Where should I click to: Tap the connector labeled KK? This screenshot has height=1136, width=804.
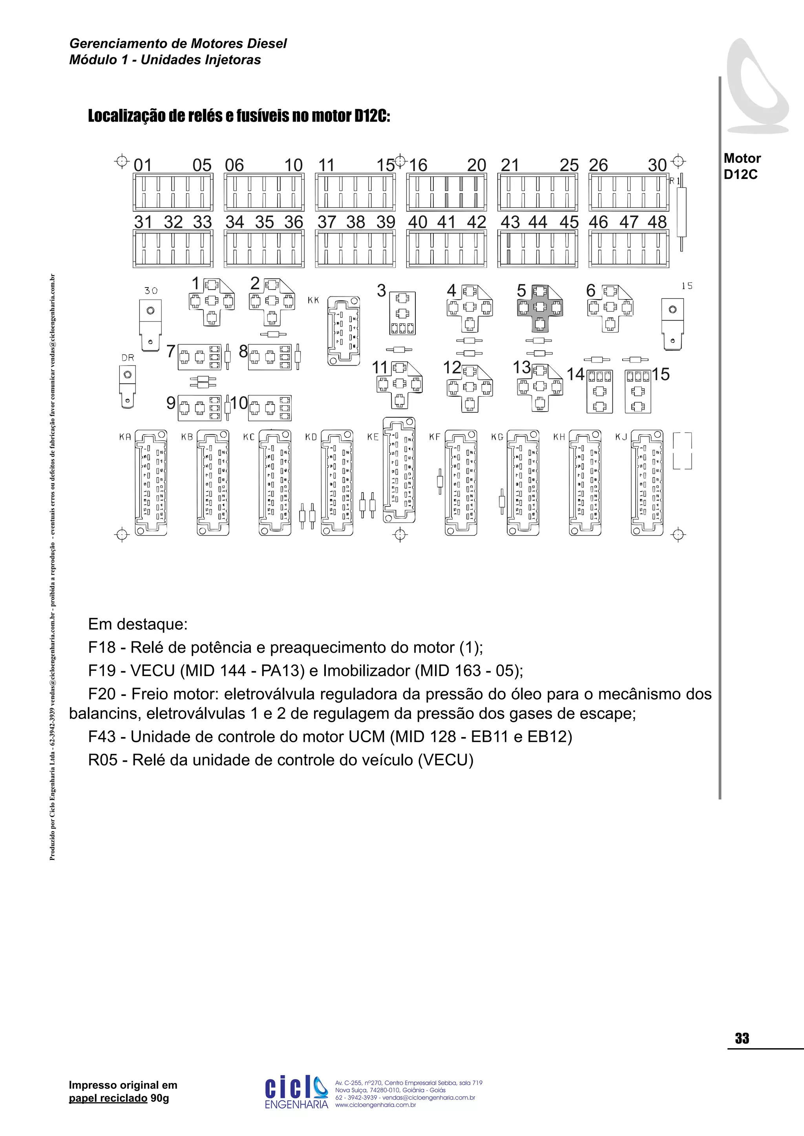coord(344,331)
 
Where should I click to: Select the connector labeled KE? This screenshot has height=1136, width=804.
coord(398,470)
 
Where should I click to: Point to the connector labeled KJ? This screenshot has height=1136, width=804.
coord(647,482)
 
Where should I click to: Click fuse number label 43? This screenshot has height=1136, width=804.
coord(510,222)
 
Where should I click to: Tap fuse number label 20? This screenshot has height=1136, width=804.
coord(477,165)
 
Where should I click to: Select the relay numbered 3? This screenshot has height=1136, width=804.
coord(402,313)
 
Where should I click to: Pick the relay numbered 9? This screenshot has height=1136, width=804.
coord(199,408)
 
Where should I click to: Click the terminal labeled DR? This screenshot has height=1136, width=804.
coord(128,387)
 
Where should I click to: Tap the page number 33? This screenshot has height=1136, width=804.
coord(742,1038)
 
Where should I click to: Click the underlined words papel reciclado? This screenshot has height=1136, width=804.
coord(108,1098)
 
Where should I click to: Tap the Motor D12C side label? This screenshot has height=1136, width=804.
coord(742,166)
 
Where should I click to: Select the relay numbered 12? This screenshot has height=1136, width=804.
coord(470,388)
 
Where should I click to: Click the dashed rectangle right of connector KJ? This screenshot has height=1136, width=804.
coord(682,451)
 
